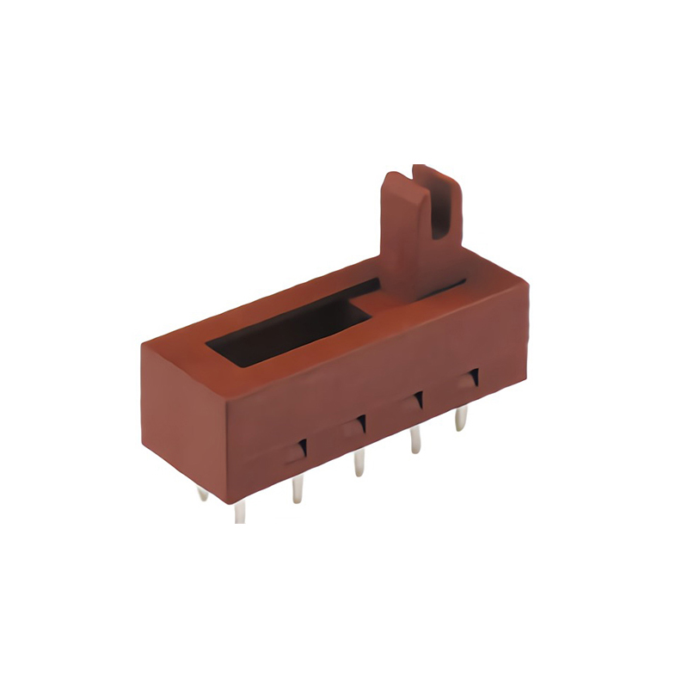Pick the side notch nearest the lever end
(x=472, y=379)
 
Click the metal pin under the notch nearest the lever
(x=461, y=417)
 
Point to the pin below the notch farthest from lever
(x=298, y=488)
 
